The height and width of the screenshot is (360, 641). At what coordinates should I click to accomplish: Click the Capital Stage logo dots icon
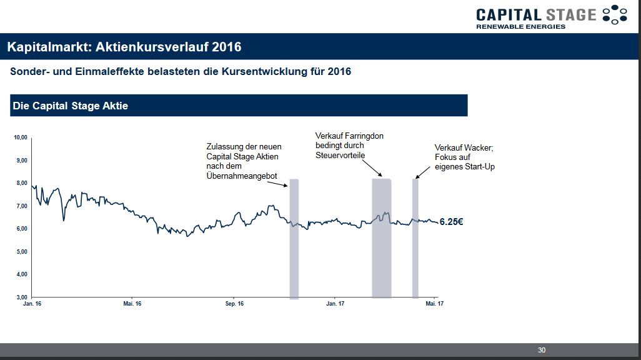(614, 15)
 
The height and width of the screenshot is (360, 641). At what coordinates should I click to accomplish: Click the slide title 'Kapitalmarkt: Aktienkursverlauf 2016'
(124, 47)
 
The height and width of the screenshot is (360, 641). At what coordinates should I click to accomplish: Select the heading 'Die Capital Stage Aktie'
(70, 106)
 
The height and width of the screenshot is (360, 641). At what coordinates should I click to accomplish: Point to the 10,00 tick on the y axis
(21, 137)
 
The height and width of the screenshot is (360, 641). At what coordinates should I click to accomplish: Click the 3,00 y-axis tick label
(22, 297)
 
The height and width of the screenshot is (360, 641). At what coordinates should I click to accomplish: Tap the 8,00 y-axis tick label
(22, 183)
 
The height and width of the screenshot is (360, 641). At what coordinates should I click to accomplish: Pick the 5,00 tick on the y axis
(22, 251)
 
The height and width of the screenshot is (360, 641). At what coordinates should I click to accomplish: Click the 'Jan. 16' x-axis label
(32, 304)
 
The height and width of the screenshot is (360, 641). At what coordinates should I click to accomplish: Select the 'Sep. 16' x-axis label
(234, 304)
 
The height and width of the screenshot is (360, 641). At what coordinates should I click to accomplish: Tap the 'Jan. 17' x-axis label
(335, 304)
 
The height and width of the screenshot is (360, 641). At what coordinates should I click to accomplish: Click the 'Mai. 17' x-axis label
(435, 304)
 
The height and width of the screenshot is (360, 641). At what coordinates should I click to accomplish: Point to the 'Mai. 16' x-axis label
(132, 304)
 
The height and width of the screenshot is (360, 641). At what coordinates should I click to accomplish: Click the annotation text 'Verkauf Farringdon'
(349, 136)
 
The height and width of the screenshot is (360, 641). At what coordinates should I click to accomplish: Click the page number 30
(541, 350)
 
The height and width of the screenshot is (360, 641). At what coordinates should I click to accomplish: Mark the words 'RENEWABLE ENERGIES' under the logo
(520, 26)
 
